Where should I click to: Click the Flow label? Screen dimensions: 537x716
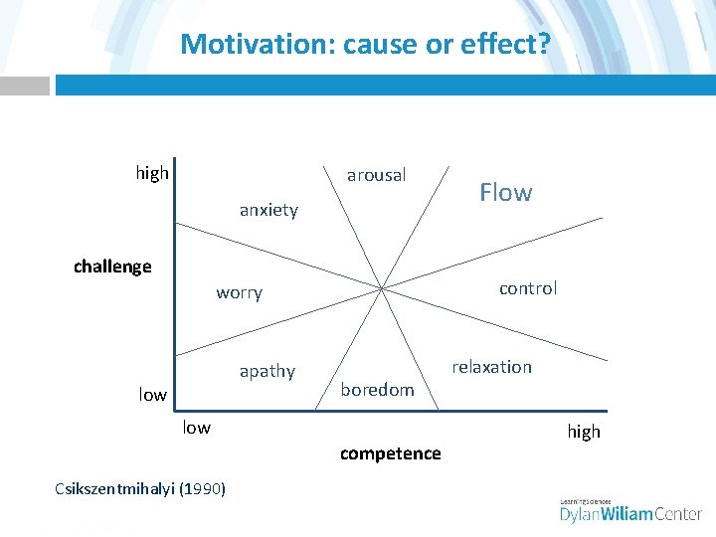[x=505, y=192]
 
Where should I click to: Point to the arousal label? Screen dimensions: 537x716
[x=376, y=175]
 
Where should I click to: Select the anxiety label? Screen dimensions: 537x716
[x=268, y=210]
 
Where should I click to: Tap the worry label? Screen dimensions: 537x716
[x=239, y=292]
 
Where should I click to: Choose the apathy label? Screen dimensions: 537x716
[x=267, y=371]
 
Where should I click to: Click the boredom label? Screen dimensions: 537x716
[x=377, y=390]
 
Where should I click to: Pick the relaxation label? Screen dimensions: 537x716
[x=491, y=367]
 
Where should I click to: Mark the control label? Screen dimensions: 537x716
[x=527, y=288]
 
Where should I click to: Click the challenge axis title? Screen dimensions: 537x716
[x=112, y=267]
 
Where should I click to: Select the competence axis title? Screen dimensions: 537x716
[x=390, y=453]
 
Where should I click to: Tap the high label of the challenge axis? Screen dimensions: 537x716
[x=152, y=173]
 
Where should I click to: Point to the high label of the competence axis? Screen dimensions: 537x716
[x=584, y=432]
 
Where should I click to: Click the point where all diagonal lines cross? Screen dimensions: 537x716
[x=383, y=288]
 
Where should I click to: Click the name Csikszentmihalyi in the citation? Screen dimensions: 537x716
[x=116, y=487]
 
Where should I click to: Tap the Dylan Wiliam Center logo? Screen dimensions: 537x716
[x=630, y=511]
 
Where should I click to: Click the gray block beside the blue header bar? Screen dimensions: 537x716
[x=24, y=86]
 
